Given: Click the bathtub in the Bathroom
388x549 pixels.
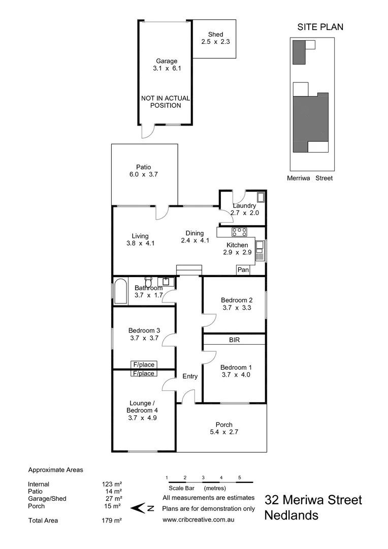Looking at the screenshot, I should coord(120,291).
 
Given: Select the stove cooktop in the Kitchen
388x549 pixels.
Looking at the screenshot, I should coord(239,232).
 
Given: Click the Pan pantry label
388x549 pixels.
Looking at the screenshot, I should coord(243,270).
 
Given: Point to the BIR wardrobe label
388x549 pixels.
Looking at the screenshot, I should coord(234,339).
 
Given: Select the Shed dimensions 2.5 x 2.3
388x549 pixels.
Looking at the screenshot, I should coord(215,42).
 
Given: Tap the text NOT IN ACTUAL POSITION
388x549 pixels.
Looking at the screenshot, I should coord(166,102).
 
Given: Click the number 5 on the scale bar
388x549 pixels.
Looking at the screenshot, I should coord(239,477).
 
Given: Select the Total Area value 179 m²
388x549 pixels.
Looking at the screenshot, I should coord(112,521).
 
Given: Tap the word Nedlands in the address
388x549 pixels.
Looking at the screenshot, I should coord(291,515).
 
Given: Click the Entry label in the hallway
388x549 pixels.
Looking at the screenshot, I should coord(190,376).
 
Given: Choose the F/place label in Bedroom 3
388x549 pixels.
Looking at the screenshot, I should coord(143,364).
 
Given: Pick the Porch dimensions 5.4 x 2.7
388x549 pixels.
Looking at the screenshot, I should coord(224,433).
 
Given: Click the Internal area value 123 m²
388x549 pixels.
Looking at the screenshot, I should coord(112,484).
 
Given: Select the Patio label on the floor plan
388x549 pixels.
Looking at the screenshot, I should coord(143,167).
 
